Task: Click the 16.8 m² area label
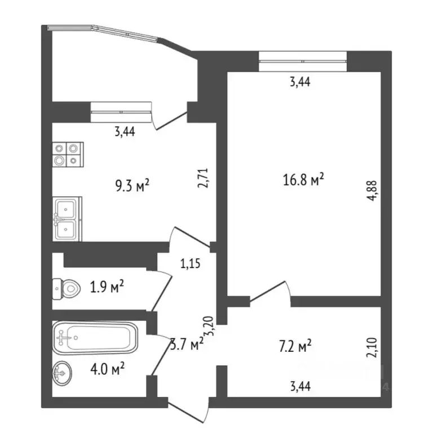[303, 180]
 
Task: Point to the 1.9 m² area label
[107, 288]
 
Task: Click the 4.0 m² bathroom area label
[107, 369]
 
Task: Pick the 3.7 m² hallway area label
[186, 343]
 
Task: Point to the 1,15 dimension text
[191, 262]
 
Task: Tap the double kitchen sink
[68, 219]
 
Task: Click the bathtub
[95, 338]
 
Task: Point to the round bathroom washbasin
[63, 373]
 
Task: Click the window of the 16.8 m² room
[303, 60]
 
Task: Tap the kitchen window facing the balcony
[121, 111]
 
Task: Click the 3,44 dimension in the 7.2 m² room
[299, 386]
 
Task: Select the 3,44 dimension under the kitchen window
[125, 132]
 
